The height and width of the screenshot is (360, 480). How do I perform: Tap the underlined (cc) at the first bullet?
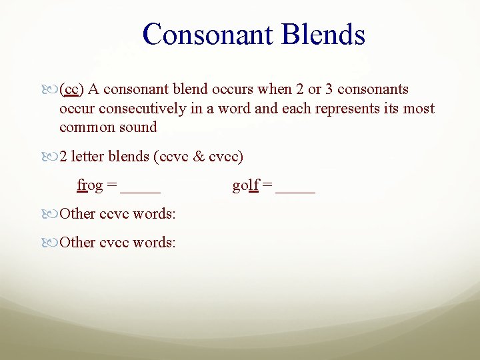71,89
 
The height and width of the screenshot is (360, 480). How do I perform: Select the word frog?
90,185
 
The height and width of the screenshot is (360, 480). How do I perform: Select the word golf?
245,185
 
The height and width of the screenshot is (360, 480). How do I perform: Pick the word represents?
351,108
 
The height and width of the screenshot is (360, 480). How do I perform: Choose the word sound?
139,127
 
